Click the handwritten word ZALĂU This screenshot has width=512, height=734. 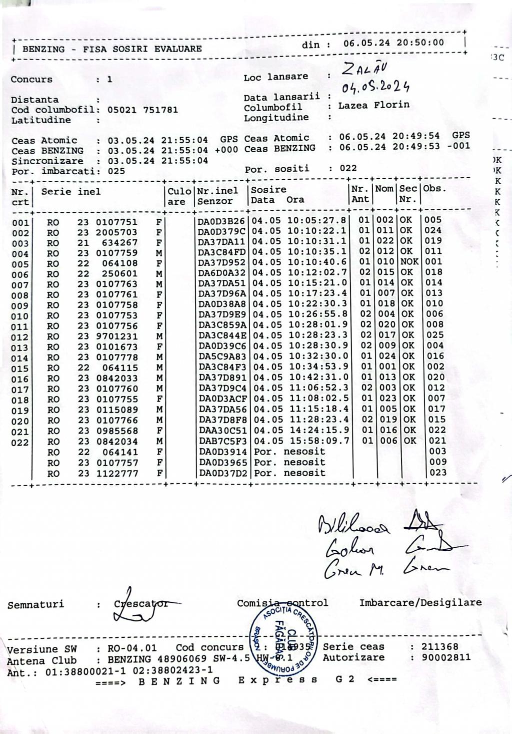pos(367,70)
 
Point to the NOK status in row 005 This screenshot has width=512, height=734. pos(409,261)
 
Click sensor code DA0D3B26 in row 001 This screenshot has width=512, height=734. pos(221,220)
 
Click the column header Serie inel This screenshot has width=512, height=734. pos(71,192)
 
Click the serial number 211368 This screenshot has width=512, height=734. pos(439,647)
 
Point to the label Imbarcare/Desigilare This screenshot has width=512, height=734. pos(420,602)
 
